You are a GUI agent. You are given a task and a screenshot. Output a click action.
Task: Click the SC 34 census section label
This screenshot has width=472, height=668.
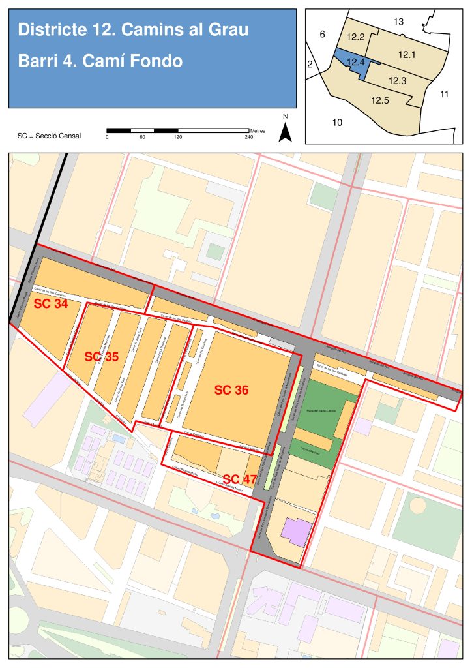(x=52, y=304)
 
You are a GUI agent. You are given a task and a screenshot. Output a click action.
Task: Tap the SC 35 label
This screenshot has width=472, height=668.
(x=102, y=357)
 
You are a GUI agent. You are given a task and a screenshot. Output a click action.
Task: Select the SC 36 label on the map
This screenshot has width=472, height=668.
(x=231, y=390)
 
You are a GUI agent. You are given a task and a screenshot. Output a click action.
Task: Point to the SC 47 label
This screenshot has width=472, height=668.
(x=239, y=479)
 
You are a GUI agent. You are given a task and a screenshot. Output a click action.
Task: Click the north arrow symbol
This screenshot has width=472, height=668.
(x=285, y=130)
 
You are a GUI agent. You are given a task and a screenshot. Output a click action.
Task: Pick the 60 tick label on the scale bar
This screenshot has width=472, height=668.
(x=142, y=138)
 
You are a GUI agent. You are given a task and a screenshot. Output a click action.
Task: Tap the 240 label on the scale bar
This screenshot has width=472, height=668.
(x=248, y=138)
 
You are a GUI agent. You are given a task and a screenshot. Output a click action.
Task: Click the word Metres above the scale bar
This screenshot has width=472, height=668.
(x=258, y=125)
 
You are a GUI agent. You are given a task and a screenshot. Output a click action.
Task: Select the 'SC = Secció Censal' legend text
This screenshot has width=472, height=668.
(x=49, y=135)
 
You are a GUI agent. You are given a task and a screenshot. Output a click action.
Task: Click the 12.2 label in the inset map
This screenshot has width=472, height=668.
(x=356, y=37)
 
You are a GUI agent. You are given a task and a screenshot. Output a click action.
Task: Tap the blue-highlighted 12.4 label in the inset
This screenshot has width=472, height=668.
(x=356, y=62)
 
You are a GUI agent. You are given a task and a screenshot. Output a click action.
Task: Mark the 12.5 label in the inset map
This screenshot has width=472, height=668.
(x=380, y=100)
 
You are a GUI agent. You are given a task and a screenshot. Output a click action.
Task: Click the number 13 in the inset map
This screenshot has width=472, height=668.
(x=398, y=22)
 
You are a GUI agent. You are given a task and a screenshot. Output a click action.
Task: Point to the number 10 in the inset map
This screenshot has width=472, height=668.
(x=337, y=122)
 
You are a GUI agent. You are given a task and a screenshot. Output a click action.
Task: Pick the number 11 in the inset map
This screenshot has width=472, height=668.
(x=444, y=94)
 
